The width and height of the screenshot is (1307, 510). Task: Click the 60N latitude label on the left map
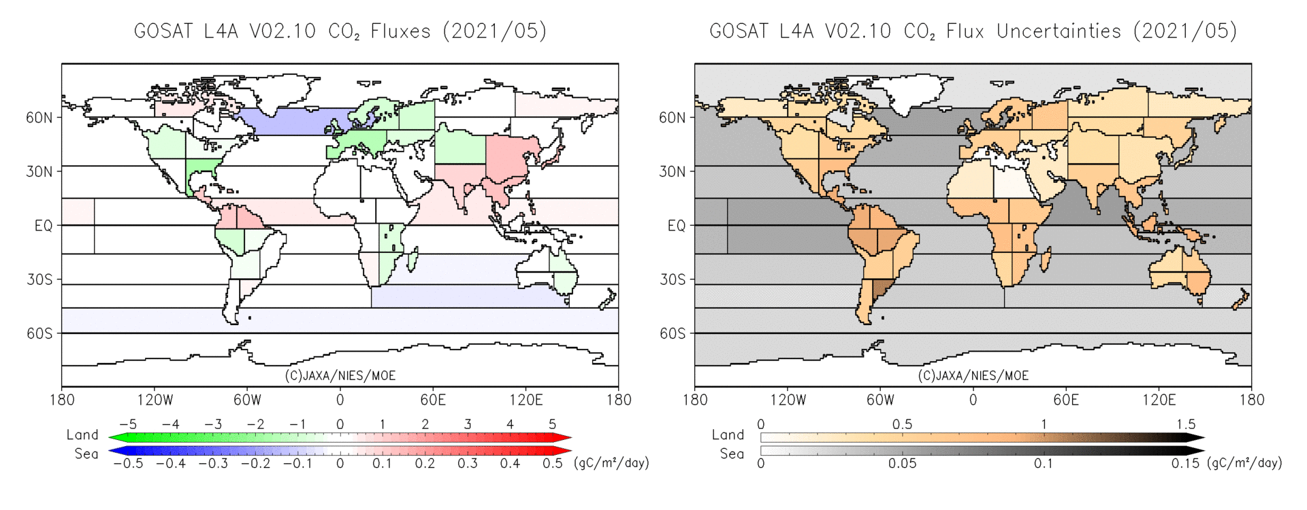click(x=39, y=118)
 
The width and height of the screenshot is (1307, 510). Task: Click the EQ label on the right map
click(x=676, y=226)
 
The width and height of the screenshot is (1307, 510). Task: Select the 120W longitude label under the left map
click(x=155, y=400)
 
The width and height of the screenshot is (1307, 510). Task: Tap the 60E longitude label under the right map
click(x=1066, y=400)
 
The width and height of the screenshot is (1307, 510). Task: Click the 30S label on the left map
click(x=39, y=279)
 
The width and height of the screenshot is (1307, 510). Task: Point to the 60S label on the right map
click(x=673, y=333)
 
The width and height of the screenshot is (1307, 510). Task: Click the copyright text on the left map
click(x=340, y=375)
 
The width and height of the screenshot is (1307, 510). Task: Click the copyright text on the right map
click(x=973, y=375)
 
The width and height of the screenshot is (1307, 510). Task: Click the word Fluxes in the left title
click(x=400, y=31)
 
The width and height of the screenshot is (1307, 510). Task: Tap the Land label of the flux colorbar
click(x=82, y=435)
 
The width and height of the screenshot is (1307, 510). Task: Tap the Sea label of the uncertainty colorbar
click(x=732, y=454)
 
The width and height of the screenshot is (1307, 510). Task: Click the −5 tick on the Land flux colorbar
click(x=127, y=424)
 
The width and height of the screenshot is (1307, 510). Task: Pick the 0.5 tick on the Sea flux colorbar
click(x=552, y=464)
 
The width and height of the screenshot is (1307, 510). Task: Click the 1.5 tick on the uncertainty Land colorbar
click(x=1186, y=424)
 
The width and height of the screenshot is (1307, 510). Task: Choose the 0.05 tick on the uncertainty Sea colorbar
click(x=902, y=464)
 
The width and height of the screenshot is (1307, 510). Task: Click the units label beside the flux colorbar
click(x=612, y=463)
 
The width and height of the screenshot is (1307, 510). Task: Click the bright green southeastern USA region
click(x=203, y=169)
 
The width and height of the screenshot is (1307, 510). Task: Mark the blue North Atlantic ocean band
click(x=293, y=121)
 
